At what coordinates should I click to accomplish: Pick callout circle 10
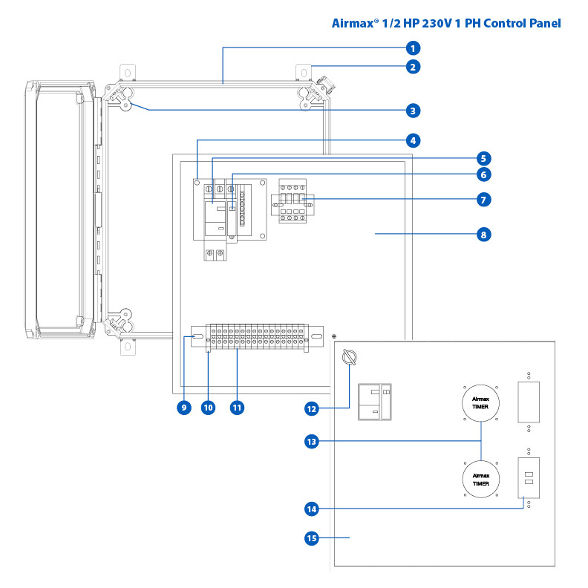[x=208, y=408]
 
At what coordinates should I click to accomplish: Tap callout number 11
[x=237, y=408]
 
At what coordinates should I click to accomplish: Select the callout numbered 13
[x=313, y=441]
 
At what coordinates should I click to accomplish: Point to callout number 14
[x=313, y=509]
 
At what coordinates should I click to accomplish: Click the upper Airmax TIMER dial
[x=480, y=403]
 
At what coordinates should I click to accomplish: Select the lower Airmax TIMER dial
[x=480, y=478]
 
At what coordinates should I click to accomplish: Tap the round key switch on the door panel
[x=350, y=358]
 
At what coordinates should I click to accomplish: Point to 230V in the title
[x=428, y=23]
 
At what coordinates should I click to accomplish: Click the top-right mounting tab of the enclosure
[x=304, y=72]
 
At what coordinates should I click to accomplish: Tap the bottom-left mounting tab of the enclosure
[x=127, y=346]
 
